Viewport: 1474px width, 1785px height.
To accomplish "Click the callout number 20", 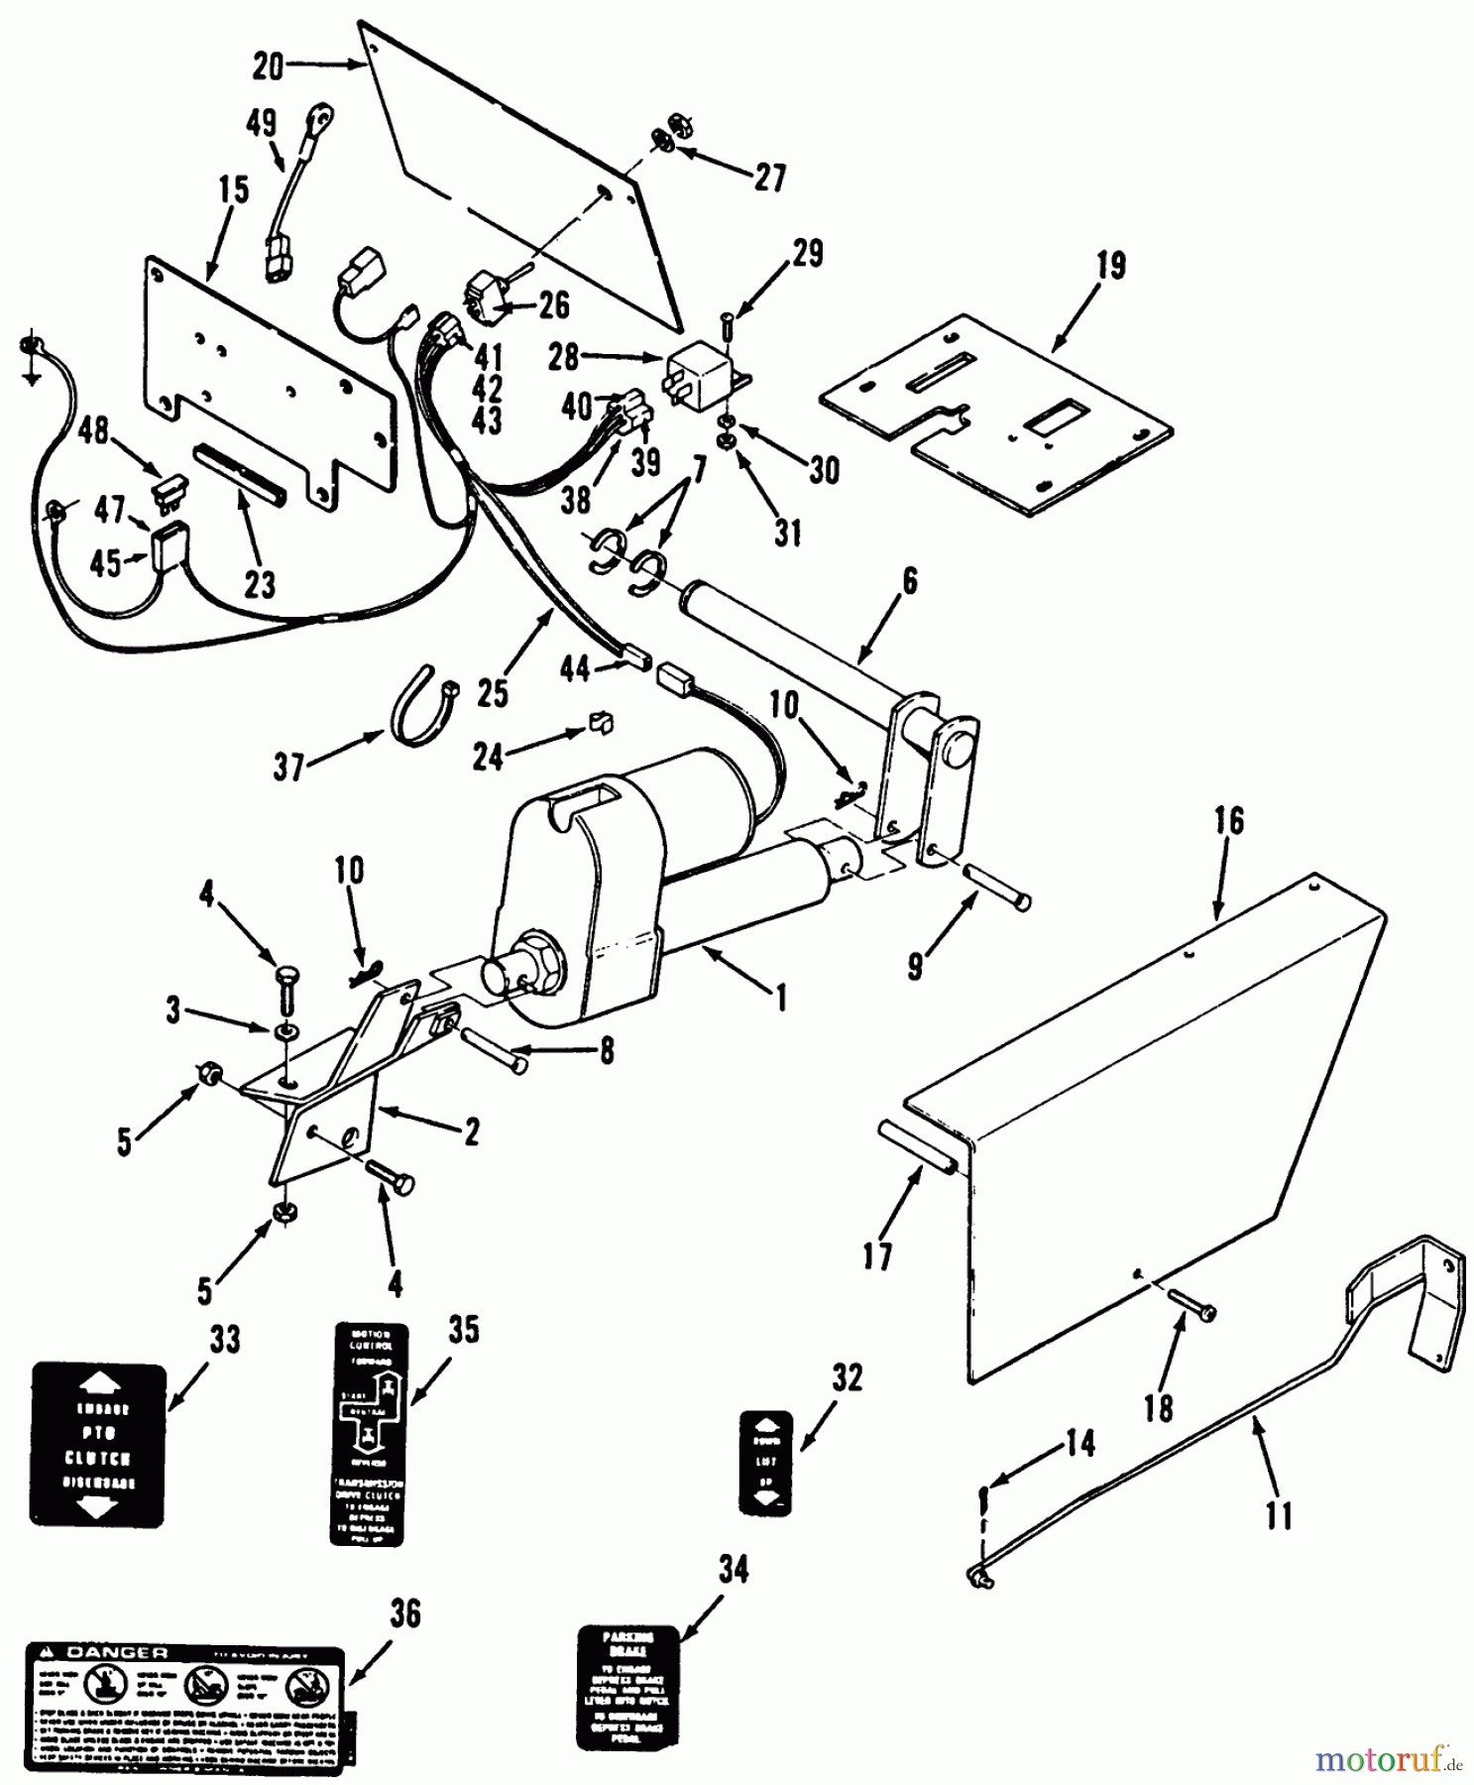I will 268,67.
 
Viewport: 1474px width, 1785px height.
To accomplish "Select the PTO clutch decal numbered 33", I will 98,1445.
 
